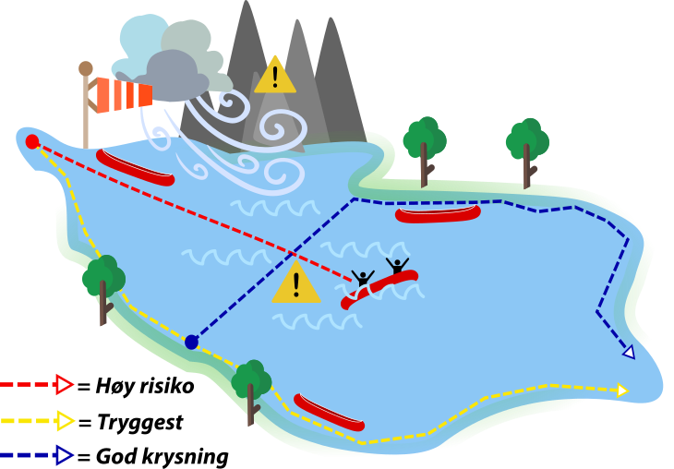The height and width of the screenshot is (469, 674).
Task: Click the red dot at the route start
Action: point(32,141)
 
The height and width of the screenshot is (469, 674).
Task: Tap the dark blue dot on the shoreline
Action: point(191,342)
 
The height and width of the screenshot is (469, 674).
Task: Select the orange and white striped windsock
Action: point(124,94)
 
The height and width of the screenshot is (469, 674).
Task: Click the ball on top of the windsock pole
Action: point(86,68)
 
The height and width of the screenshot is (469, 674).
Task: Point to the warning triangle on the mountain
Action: point(275,77)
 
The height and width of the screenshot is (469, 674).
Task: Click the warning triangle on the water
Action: point(295,283)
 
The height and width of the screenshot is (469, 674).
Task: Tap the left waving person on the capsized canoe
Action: point(363,279)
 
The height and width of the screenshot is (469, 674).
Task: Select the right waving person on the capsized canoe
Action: point(397,267)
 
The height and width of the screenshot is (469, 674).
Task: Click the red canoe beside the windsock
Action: point(135,168)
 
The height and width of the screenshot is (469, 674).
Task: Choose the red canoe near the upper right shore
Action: point(438,214)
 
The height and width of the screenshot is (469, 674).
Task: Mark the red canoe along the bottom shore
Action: point(329,413)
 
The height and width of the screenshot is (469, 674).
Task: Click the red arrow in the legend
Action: point(64,384)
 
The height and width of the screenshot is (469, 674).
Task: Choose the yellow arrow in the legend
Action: point(65,421)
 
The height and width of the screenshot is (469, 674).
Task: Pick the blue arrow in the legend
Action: point(63,454)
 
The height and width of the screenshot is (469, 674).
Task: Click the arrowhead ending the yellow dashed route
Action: point(622,391)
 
